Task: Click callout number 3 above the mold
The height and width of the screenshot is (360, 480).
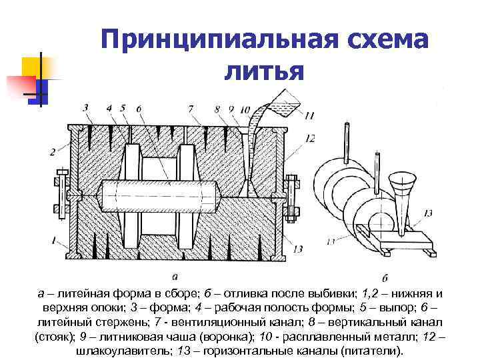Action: click(x=85, y=107)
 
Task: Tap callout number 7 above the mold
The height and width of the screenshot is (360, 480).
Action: click(x=191, y=108)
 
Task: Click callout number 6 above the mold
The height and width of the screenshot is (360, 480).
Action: click(x=138, y=108)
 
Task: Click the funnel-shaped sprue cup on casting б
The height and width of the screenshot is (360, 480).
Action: click(x=401, y=185)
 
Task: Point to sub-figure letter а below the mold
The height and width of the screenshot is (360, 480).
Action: click(x=175, y=276)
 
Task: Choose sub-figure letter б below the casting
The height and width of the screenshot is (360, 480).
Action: click(x=386, y=277)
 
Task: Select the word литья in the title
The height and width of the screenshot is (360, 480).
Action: click(x=263, y=70)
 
